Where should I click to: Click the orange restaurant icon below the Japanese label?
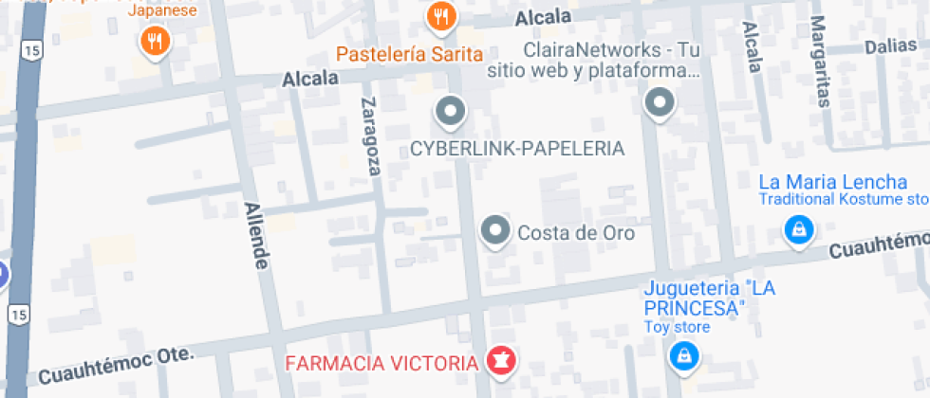(x=155, y=40)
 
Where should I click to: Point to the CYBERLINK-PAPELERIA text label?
(x=517, y=149)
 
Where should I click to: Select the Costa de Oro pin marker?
(x=494, y=230)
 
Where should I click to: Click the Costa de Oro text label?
(x=575, y=232)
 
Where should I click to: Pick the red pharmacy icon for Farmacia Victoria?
(x=497, y=361)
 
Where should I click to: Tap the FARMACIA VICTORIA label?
(x=381, y=363)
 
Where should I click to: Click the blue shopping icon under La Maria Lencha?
(x=799, y=229)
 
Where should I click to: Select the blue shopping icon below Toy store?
(x=681, y=356)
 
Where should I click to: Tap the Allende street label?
(x=257, y=234)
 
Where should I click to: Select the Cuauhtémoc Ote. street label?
(x=117, y=364)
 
